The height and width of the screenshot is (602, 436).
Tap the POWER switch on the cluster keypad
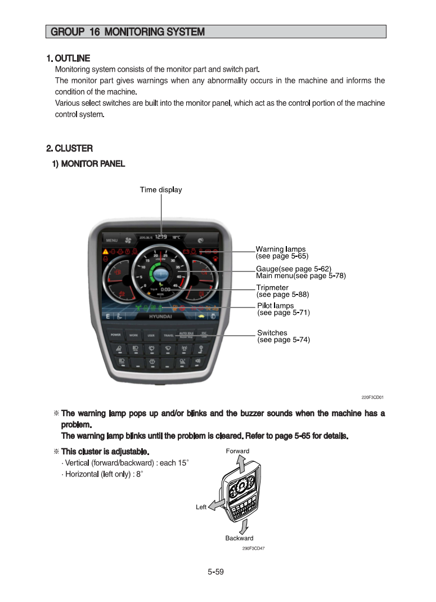[x=115, y=335]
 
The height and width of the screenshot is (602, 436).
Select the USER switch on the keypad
[x=151, y=335]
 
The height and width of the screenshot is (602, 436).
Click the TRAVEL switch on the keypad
[x=168, y=335]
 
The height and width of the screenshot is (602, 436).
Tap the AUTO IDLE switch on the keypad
[x=186, y=335]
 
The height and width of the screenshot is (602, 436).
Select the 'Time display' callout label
[x=161, y=190]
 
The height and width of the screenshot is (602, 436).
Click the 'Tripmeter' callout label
[x=272, y=288]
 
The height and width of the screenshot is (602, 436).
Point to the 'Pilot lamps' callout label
[x=275, y=306]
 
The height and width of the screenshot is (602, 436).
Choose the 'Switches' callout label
[x=272, y=333]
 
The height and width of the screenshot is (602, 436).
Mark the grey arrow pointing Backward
[x=244, y=527]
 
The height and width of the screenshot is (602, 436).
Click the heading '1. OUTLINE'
[x=68, y=58]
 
